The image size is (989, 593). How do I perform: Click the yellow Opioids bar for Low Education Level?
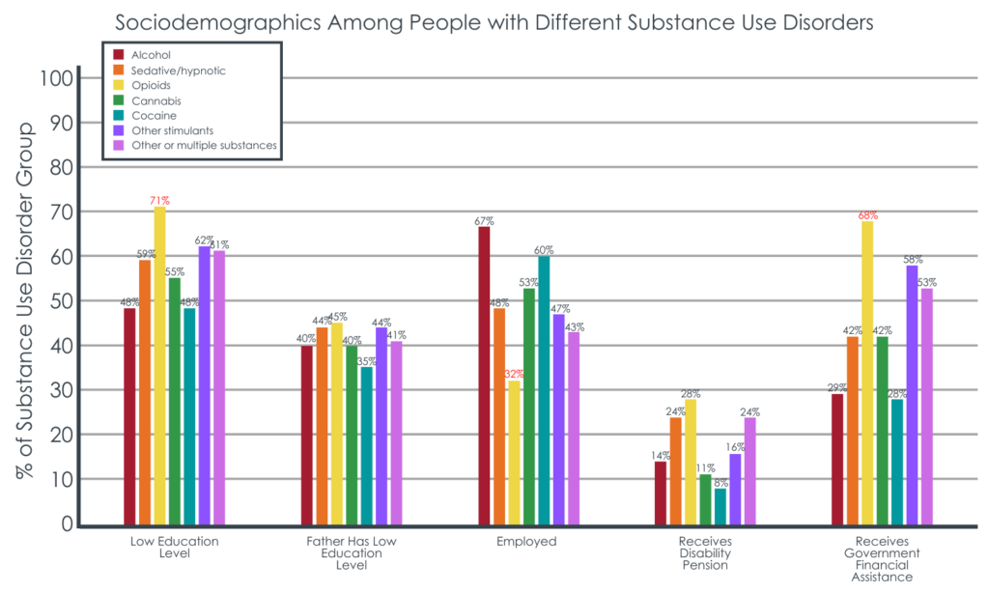(159, 367)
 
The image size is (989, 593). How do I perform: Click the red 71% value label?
(159, 200)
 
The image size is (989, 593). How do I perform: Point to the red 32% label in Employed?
(514, 374)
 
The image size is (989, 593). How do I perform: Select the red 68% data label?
(867, 214)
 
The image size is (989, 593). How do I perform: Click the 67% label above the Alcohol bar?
(484, 220)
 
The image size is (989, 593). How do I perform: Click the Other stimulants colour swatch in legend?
(119, 129)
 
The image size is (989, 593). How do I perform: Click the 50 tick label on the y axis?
(60, 301)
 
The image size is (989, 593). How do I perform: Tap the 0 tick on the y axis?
(66, 524)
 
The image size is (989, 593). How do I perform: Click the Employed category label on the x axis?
(526, 542)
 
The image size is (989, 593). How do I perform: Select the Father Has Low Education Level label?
(351, 553)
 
